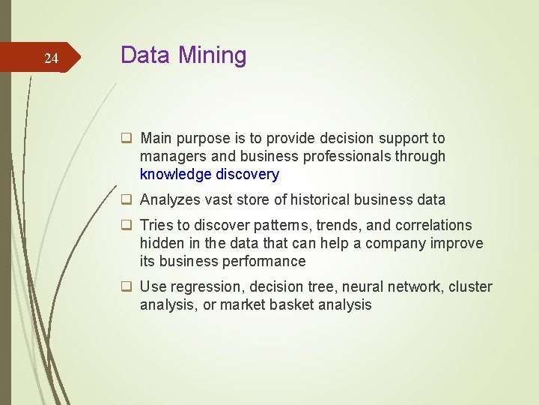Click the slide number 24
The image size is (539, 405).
[x=51, y=58]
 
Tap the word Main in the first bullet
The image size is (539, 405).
[x=156, y=138]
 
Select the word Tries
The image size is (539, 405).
[x=156, y=225]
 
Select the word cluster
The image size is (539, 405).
[x=471, y=286]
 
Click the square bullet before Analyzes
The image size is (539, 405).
[x=127, y=200]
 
